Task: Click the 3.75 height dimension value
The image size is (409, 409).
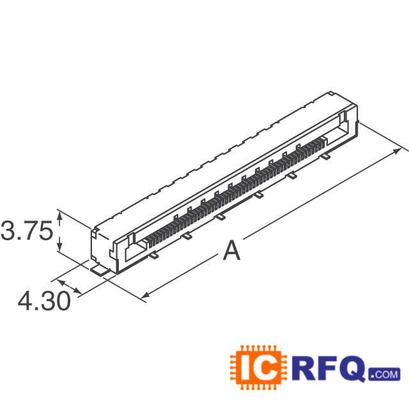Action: point(26,231)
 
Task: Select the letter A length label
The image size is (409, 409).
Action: point(231,251)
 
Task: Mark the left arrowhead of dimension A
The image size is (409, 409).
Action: point(144,295)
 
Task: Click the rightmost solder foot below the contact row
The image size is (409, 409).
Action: point(325,155)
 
